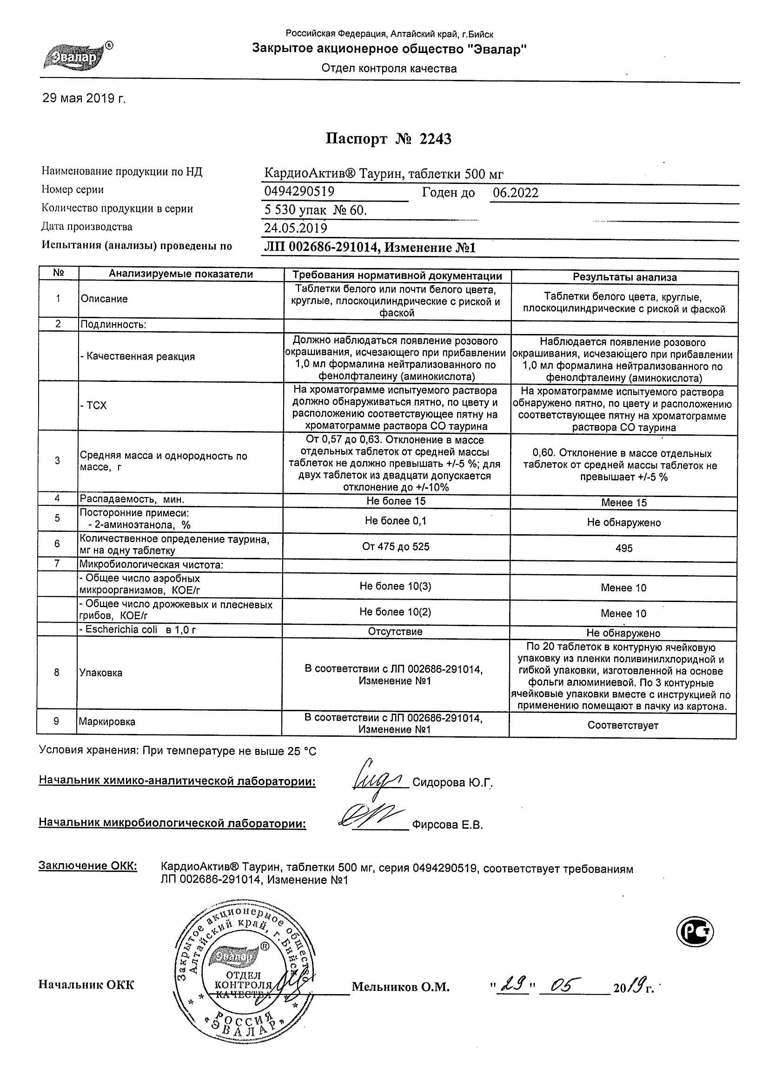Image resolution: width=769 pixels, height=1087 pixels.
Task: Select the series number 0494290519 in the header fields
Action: point(299,192)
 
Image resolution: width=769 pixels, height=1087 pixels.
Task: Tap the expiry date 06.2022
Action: point(516,193)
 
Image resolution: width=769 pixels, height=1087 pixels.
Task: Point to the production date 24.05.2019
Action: point(296,228)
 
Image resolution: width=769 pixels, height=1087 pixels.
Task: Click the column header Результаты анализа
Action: point(624,277)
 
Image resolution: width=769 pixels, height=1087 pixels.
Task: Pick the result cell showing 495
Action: point(623,548)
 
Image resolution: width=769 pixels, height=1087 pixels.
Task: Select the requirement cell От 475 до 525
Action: point(396,546)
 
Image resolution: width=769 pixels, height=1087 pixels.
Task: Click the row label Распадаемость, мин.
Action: point(132,499)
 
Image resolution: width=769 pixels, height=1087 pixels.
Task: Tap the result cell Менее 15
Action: point(623,503)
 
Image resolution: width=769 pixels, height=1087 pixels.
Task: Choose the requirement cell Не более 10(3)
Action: point(395,586)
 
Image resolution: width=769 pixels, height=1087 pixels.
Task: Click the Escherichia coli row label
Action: point(138,629)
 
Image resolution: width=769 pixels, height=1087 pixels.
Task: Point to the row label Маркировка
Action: point(107,722)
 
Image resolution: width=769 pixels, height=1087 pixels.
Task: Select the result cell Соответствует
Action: point(623,725)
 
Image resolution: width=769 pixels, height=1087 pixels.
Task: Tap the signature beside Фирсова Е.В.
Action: point(372,819)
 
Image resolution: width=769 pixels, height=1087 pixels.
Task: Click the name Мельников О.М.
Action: point(400,987)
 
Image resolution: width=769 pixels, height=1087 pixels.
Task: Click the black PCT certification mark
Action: point(695,932)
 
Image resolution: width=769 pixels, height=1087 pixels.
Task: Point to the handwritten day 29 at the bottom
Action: point(513,985)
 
